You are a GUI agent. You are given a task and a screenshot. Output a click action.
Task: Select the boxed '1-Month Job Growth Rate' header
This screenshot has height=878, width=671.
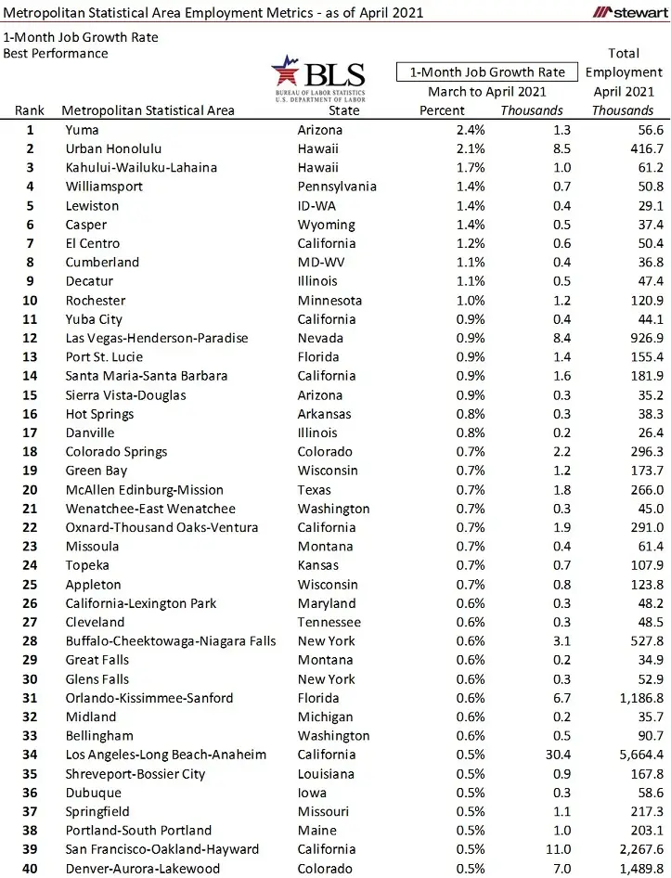point(487,71)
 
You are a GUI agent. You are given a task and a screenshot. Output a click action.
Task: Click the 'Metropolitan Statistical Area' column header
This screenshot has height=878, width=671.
point(148,110)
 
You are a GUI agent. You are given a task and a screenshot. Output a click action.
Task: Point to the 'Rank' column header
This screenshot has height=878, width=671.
point(30,110)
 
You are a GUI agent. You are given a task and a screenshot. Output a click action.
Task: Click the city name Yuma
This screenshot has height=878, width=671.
point(82,130)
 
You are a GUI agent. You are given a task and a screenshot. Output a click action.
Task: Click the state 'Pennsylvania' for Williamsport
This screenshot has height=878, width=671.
point(337,187)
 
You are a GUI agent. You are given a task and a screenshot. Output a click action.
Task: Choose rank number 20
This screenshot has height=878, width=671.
point(30,489)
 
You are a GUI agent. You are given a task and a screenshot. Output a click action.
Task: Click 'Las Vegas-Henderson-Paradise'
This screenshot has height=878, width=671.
point(157,338)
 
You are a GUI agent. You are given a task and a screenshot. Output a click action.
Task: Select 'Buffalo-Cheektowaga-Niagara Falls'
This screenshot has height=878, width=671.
point(171,640)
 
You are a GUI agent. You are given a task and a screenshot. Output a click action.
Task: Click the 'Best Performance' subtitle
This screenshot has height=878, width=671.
point(55,53)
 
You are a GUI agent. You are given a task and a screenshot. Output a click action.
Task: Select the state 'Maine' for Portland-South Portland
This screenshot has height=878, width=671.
point(316,830)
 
